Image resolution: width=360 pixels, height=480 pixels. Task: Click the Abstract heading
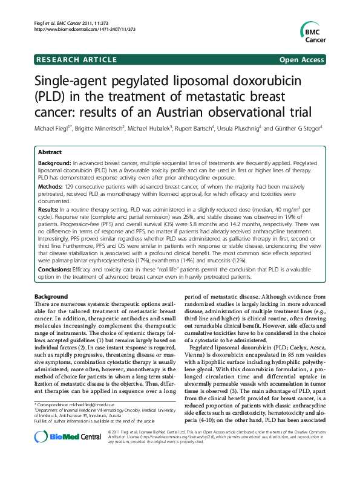pyautogui.click(x=50, y=153)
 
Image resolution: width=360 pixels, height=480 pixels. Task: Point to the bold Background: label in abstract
pyautogui.click(x=54, y=164)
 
